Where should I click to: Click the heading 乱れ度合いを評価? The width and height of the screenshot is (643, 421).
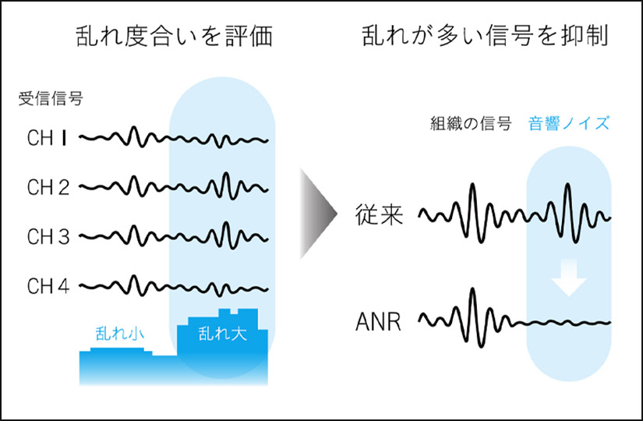(x=175, y=36)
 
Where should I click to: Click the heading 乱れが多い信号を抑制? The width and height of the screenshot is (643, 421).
(x=485, y=36)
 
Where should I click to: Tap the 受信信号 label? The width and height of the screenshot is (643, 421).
(x=51, y=98)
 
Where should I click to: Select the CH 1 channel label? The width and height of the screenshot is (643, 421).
(x=47, y=138)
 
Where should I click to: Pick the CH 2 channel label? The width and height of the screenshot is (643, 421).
(x=48, y=188)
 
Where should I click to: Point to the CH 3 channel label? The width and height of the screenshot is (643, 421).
(x=48, y=237)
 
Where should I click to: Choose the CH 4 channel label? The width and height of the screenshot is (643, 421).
(x=48, y=286)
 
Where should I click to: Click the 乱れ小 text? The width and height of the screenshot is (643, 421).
(x=120, y=334)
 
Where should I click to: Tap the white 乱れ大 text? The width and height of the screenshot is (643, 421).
(x=222, y=334)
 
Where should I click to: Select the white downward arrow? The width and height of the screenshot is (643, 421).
(x=568, y=278)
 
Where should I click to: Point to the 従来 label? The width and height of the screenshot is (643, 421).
(x=380, y=214)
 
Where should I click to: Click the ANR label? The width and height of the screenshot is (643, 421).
(x=378, y=322)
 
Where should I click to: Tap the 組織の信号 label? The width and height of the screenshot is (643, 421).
(x=471, y=123)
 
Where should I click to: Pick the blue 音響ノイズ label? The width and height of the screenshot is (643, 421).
(x=569, y=123)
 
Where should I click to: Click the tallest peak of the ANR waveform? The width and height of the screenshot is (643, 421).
(x=473, y=290)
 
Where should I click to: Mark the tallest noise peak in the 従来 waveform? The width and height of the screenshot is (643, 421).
(x=567, y=185)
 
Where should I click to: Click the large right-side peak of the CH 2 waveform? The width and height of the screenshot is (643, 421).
(x=225, y=174)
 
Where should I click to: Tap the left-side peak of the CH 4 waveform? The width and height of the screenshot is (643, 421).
(x=132, y=277)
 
